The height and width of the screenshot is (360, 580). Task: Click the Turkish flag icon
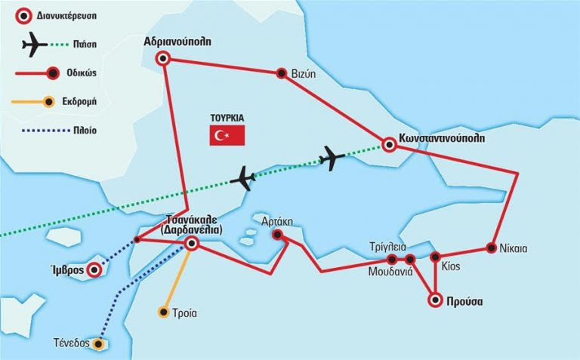[x=228, y=136]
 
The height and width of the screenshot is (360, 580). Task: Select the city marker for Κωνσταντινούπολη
[x=389, y=146]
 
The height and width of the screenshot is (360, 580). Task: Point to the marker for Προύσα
[x=436, y=300]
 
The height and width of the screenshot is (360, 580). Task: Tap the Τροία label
[x=185, y=312]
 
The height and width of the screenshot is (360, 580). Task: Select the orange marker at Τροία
[x=164, y=312]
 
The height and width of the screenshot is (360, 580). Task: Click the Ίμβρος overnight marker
[x=94, y=269]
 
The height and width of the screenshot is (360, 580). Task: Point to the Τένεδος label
[x=73, y=344]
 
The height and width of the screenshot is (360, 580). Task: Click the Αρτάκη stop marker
[x=278, y=235]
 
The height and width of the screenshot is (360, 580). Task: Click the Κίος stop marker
[x=435, y=257]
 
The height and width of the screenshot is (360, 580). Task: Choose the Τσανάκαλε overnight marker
[x=192, y=243]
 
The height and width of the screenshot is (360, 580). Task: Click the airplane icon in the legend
[x=35, y=45]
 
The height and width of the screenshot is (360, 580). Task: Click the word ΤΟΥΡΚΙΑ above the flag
[x=227, y=118]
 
